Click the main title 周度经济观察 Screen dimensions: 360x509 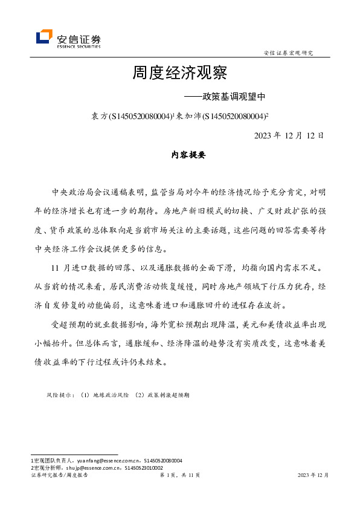pyautogui.click(x=179, y=73)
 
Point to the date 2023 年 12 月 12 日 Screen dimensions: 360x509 pyautogui.click(x=289, y=135)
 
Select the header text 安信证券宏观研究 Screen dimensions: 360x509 pyautogui.click(x=289, y=53)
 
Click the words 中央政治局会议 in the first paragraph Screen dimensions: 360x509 pyautogui.click(x=82, y=192)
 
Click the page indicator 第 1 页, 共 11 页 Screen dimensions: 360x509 pyautogui.click(x=179, y=475)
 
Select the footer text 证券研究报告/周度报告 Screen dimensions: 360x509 pyautogui.click(x=59, y=475)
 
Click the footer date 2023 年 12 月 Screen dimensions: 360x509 pyautogui.click(x=313, y=475)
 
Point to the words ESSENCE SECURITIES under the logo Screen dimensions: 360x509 pyautogui.click(x=78, y=46)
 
